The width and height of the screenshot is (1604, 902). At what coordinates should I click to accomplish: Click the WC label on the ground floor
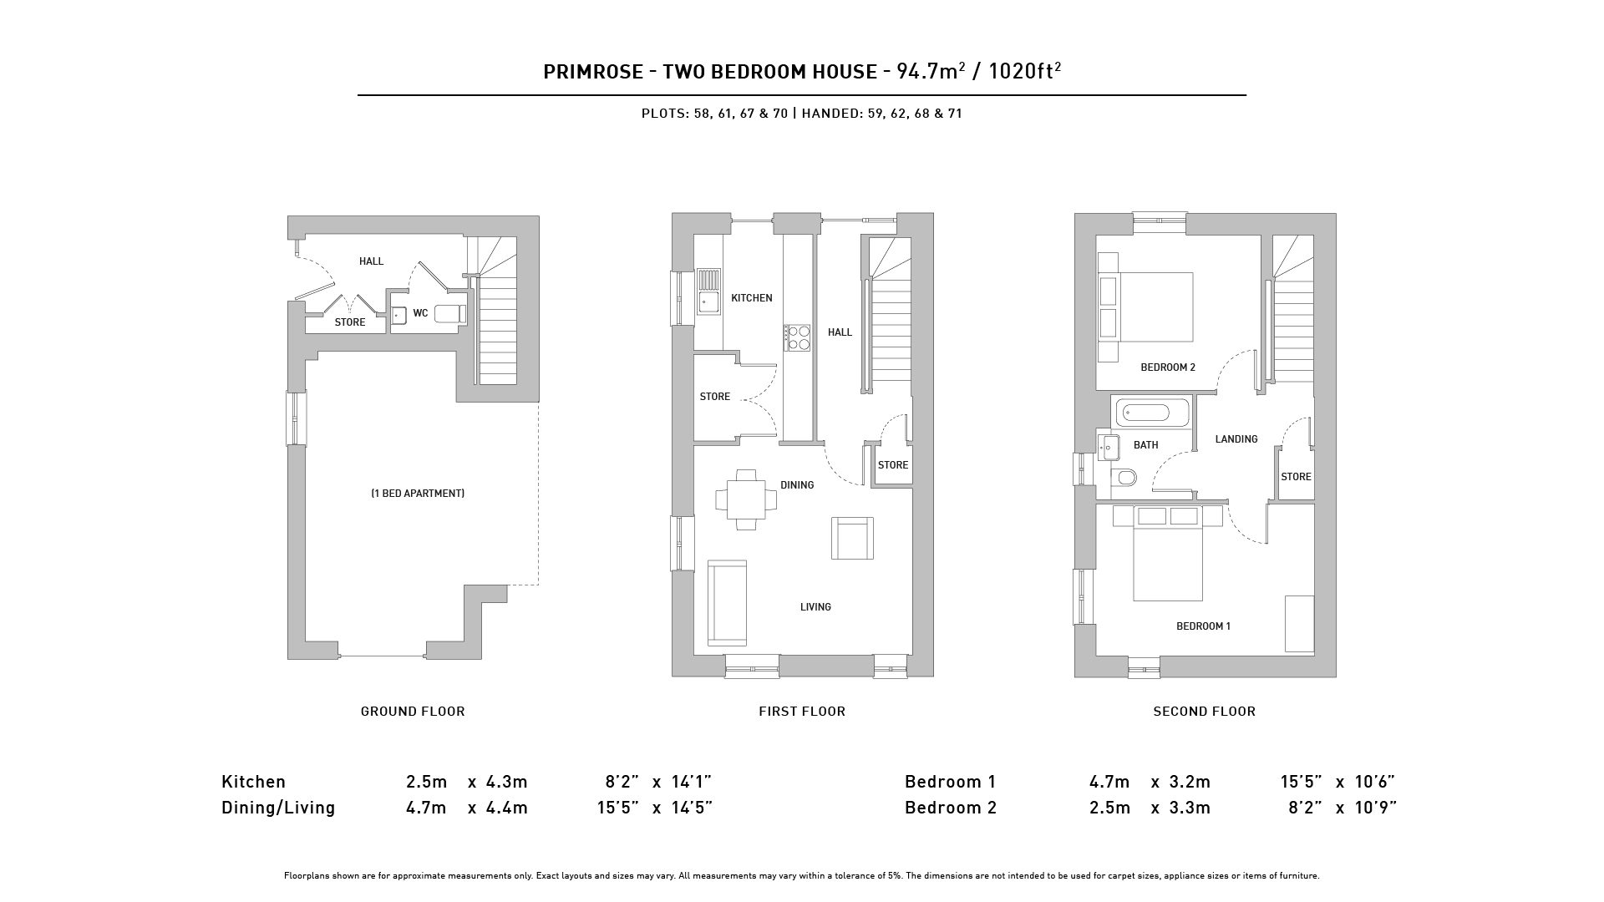[420, 313]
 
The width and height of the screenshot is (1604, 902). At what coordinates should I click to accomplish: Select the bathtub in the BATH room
[1150, 413]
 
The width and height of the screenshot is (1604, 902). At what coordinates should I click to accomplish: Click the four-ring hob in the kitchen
[797, 337]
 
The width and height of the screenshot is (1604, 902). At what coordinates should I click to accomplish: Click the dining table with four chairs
[746, 500]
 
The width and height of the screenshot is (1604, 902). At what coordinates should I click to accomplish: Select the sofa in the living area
[727, 602]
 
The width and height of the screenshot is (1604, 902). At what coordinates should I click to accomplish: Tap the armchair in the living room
[852, 538]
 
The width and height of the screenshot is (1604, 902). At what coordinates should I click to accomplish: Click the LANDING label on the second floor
[1236, 439]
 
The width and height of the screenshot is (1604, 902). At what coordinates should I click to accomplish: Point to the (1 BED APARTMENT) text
[418, 494]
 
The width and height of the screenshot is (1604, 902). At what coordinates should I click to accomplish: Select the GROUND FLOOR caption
[413, 712]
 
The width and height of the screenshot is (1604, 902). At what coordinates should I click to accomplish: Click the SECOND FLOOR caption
[1204, 712]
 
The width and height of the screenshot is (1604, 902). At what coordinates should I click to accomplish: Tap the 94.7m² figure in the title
[931, 71]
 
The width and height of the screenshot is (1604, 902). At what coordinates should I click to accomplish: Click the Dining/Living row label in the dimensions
[278, 808]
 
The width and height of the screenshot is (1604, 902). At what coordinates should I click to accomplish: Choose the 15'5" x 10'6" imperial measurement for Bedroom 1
[1338, 782]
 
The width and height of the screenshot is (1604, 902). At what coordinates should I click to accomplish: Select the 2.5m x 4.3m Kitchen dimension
[467, 782]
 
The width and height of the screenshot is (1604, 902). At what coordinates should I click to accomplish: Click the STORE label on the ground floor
[350, 322]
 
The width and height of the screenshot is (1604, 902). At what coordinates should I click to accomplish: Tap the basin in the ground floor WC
[398, 315]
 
